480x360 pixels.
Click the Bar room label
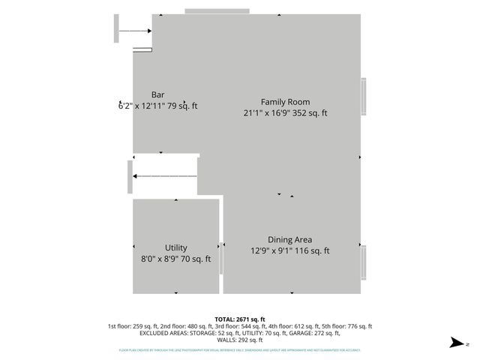point(157,94)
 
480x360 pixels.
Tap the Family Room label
point(285,102)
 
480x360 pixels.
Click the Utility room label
point(176,247)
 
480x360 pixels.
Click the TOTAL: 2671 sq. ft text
point(239,319)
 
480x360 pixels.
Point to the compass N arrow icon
point(455,343)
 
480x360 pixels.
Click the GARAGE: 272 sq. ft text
point(306,333)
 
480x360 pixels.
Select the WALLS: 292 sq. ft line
point(239,340)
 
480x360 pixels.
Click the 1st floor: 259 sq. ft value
point(133,326)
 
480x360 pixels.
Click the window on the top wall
point(217,10)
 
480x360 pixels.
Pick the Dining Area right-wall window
point(364,262)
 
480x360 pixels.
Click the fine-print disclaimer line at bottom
point(239,349)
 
